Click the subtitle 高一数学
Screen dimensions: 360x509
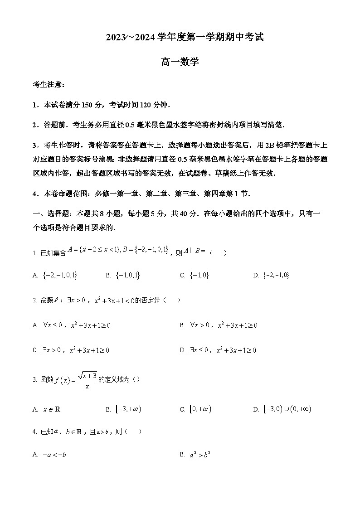point(180,63)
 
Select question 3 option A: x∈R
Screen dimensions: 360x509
point(51,409)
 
